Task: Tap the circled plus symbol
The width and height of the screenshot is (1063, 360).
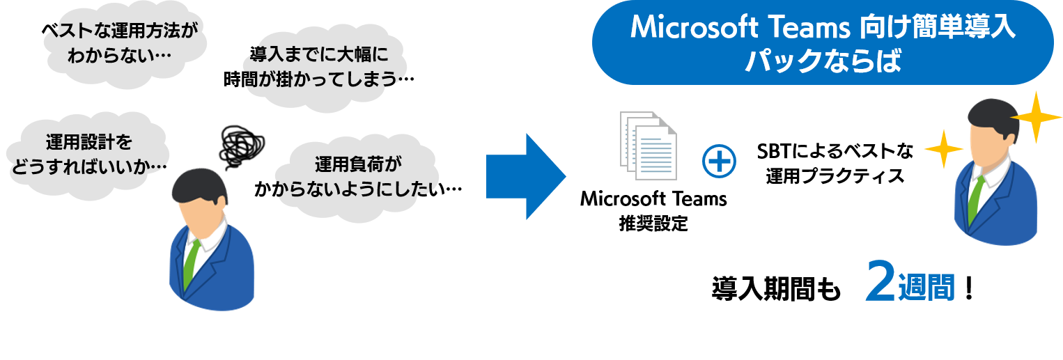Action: (718, 162)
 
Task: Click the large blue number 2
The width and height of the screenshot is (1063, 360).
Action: (880, 282)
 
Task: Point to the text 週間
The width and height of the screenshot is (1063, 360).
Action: (926, 286)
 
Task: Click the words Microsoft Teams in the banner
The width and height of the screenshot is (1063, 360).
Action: (739, 29)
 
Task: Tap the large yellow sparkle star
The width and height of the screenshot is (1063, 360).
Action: (1036, 117)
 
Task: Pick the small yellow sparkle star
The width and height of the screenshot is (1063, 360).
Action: (943, 148)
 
